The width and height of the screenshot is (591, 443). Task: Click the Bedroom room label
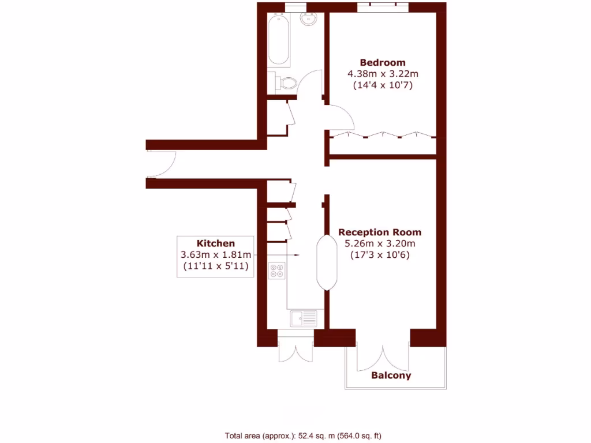tap(382, 62)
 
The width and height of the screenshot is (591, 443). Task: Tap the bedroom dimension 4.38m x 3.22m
tap(382, 74)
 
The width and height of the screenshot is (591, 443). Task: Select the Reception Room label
tap(380, 232)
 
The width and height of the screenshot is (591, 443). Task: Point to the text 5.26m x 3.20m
tap(380, 243)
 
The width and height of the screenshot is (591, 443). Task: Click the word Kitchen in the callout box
tap(216, 243)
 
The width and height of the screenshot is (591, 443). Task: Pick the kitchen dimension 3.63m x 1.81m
tap(216, 254)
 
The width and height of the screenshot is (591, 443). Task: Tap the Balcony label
tap(391, 376)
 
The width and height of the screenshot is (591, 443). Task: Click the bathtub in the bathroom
tap(280, 39)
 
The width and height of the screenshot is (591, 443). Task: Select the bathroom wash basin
tap(310, 20)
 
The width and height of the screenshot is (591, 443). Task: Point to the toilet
tap(285, 83)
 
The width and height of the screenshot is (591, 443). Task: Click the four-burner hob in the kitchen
tap(277, 270)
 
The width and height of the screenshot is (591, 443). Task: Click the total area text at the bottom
tap(302, 436)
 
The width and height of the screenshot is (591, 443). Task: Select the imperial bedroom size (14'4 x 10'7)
tap(382, 85)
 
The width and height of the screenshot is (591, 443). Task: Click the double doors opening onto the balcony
tap(383, 358)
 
